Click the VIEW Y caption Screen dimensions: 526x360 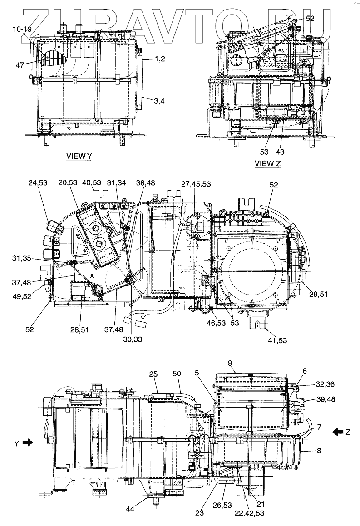tap(79, 156)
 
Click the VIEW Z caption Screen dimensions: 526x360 tap(268, 164)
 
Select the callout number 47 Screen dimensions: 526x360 tap(20, 65)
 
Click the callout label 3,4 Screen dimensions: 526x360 tap(158, 102)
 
